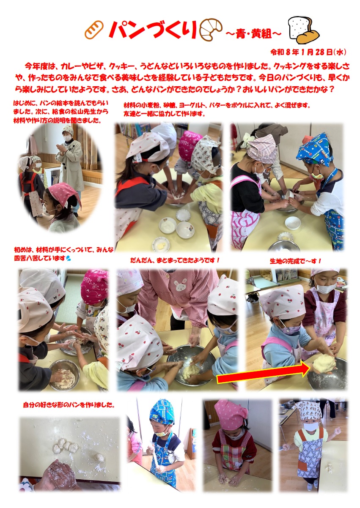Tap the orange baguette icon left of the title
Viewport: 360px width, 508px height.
[x=94, y=30]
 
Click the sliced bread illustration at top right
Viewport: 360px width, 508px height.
[x=303, y=30]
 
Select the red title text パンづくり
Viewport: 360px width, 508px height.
[x=152, y=30]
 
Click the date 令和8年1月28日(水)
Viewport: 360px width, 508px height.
[x=308, y=52]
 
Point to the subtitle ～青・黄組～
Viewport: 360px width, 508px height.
[x=253, y=34]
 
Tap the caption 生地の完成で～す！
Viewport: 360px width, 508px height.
[x=296, y=261]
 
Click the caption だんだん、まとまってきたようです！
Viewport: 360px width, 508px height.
[x=175, y=260]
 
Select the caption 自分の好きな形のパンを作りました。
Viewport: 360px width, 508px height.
[x=69, y=405]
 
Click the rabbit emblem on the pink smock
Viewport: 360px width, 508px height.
[x=180, y=285]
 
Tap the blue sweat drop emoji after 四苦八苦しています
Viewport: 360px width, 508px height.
[x=68, y=258]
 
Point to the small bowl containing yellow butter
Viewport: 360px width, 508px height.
[x=161, y=244]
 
